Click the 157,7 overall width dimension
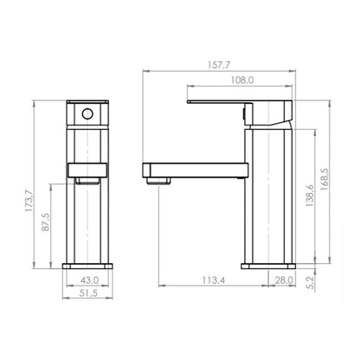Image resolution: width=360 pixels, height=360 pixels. (219, 65)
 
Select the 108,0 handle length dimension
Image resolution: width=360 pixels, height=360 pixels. (242, 80)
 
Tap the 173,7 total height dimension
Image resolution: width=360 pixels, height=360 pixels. (29, 202)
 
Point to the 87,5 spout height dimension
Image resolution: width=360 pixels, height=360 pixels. (46, 222)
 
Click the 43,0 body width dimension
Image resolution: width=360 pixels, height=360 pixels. (89, 280)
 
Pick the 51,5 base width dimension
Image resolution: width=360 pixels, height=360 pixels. (88, 293)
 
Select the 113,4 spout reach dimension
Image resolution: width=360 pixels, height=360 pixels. (214, 280)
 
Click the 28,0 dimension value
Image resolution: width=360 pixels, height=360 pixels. (284, 280)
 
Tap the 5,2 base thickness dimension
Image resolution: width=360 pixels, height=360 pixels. (311, 282)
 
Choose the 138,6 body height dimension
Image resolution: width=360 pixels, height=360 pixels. (310, 196)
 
